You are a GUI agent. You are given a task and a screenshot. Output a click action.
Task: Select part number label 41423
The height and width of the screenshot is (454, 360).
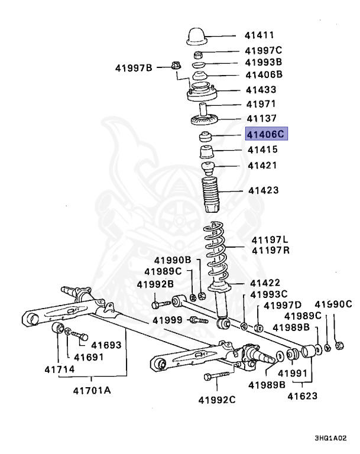click(x=263, y=190)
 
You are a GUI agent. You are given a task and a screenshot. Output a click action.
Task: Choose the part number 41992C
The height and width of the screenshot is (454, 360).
click(x=215, y=399)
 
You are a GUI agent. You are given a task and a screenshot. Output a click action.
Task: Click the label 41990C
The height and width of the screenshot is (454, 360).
click(x=332, y=304)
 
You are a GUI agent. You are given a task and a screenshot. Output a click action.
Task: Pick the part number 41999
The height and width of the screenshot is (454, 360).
click(x=167, y=320)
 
